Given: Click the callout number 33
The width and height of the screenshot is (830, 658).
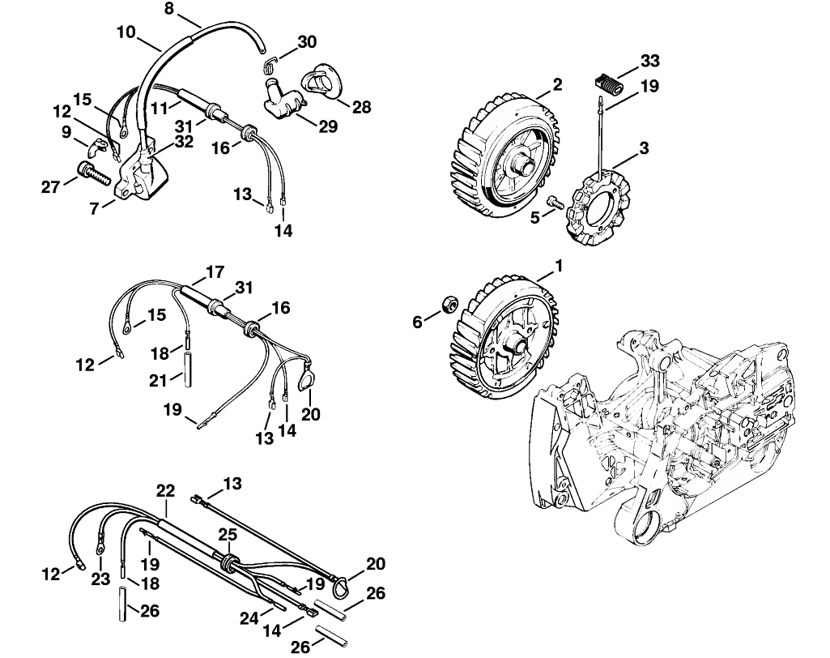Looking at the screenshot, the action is click(x=650, y=61).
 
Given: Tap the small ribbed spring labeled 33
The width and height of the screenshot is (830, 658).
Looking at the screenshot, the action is click(x=607, y=85).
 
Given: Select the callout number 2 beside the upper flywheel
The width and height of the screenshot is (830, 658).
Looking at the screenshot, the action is click(x=557, y=85).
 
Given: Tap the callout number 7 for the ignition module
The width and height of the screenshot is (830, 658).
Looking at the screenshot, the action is click(x=94, y=209).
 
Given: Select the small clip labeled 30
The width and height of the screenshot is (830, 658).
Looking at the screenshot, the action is click(x=271, y=64).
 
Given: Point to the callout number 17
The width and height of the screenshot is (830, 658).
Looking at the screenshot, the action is click(x=215, y=272).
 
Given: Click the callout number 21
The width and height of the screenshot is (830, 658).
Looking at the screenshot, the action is click(x=158, y=380).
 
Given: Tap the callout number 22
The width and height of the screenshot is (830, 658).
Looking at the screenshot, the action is click(x=165, y=490).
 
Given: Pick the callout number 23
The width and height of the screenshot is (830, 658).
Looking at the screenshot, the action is click(x=100, y=579).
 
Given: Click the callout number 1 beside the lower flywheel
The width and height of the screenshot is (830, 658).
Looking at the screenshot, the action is click(x=558, y=265).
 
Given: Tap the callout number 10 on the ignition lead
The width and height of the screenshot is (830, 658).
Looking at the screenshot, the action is click(x=126, y=32).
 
